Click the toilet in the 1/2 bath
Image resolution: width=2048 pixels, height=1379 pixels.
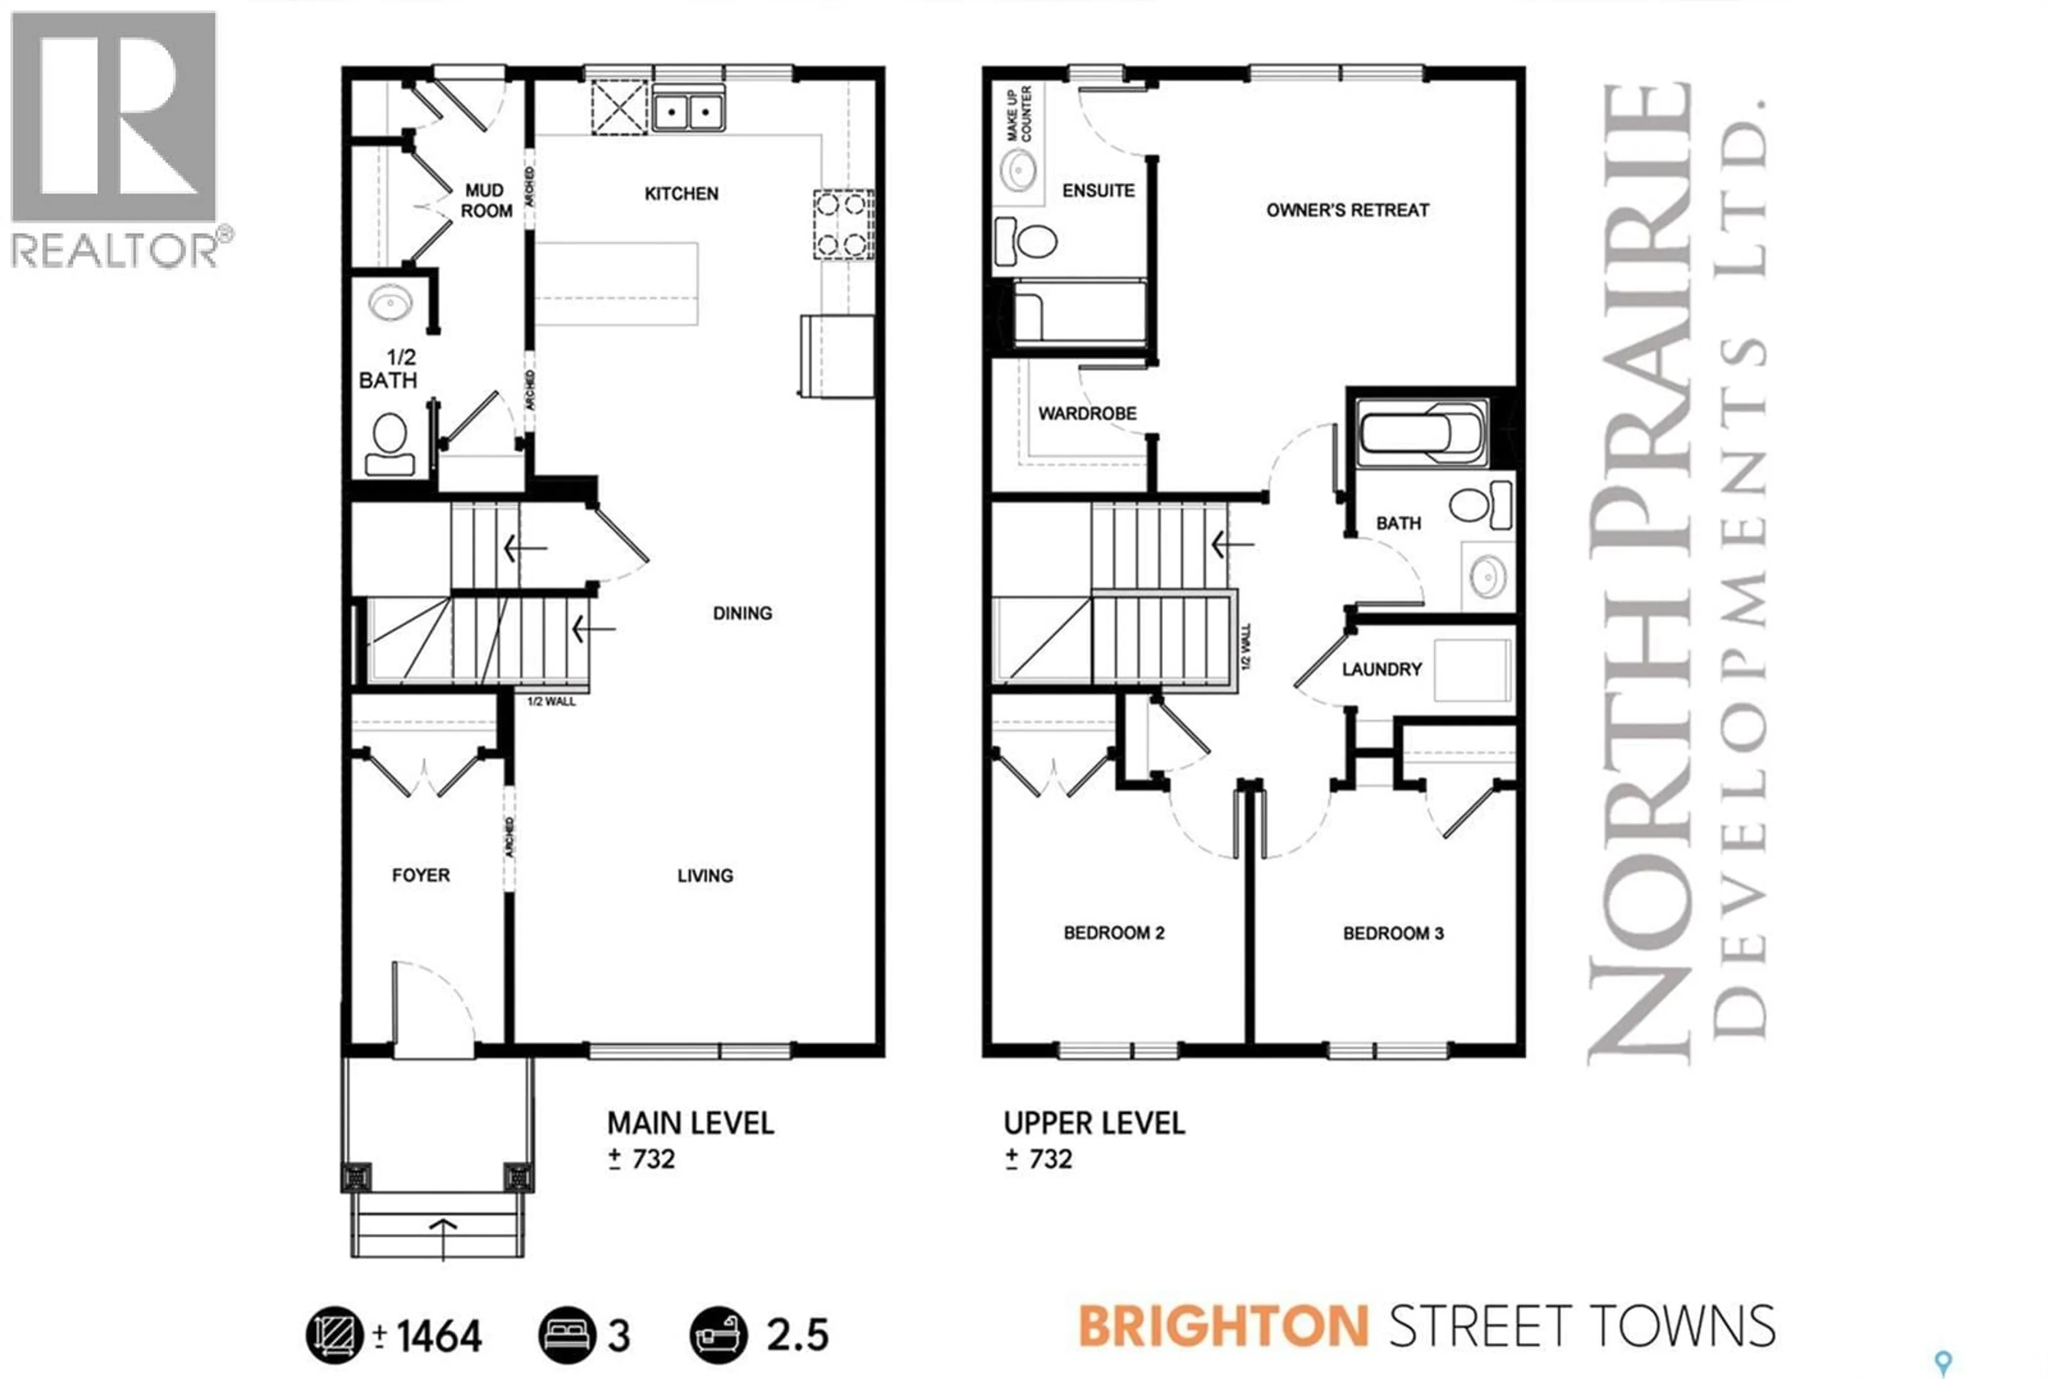tap(389, 444)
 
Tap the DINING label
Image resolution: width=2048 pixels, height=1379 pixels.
tap(742, 613)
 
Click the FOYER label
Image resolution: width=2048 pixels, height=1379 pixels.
tap(420, 875)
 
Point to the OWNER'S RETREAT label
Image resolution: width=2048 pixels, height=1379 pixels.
tap(1347, 210)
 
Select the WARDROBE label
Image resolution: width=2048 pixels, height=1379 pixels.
tap(1087, 413)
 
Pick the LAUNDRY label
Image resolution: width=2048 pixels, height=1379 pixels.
tap(1381, 669)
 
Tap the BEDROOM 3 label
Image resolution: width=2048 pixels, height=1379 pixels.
tap(1393, 933)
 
